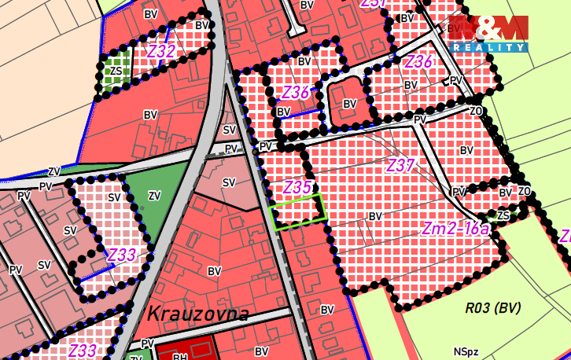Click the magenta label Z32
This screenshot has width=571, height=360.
pos(160,51)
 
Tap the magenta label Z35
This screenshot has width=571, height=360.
pos(297,187)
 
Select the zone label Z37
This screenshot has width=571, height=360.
pos(400,166)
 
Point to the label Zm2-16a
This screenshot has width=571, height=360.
pos(455,229)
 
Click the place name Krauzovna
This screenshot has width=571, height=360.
pos(197,314)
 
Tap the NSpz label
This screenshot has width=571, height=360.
pos(466,351)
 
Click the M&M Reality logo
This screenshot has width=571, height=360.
pos(488,34)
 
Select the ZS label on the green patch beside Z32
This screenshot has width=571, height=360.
pos(116,71)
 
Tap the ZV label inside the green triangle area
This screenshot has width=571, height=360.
pos(154,195)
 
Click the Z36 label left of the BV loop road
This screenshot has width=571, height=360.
pos(295,92)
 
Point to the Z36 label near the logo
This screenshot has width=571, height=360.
pos(419,61)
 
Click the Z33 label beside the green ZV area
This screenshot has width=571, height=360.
pos(122,255)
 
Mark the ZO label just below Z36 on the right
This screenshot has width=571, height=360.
pos(475,112)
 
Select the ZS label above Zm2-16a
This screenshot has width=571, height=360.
pos(503,215)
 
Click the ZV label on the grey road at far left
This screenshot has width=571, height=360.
pos(54,171)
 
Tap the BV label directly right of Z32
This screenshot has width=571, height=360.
pos(203,25)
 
